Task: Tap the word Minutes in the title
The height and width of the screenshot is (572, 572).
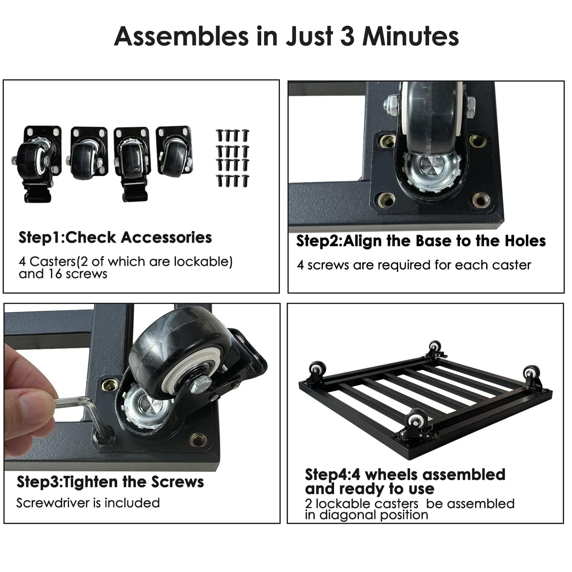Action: pos(410,36)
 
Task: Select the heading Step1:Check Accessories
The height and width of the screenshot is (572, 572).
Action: pos(115,238)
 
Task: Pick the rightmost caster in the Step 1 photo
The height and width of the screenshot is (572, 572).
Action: pos(175,151)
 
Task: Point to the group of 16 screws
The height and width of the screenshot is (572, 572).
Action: pos(233,158)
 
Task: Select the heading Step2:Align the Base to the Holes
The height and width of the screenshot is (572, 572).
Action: pos(421,241)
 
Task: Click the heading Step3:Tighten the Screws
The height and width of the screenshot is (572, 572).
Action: pos(110,481)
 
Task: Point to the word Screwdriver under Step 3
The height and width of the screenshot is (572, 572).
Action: pos(53,503)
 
